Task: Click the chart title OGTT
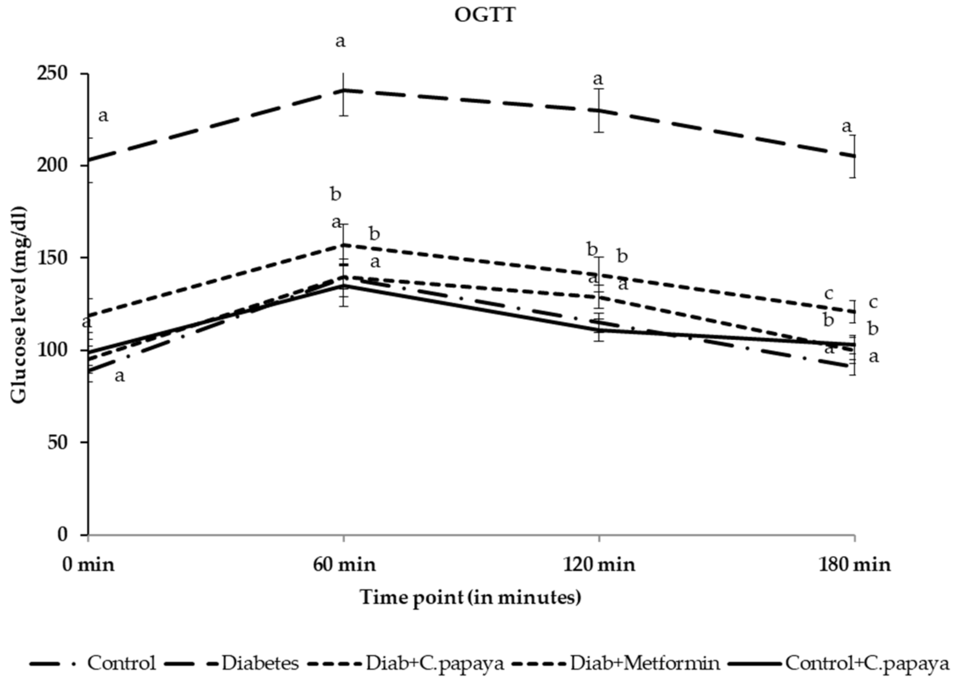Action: click(x=484, y=16)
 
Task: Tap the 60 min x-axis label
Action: click(x=344, y=565)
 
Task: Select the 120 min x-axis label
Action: click(x=599, y=565)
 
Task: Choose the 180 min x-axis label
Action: click(x=855, y=565)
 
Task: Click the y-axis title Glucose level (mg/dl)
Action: click(x=19, y=305)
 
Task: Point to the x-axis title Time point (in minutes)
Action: click(x=470, y=598)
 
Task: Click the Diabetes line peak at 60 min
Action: click(x=344, y=91)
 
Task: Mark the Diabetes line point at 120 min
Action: click(x=599, y=111)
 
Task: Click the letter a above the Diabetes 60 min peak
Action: click(x=340, y=41)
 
